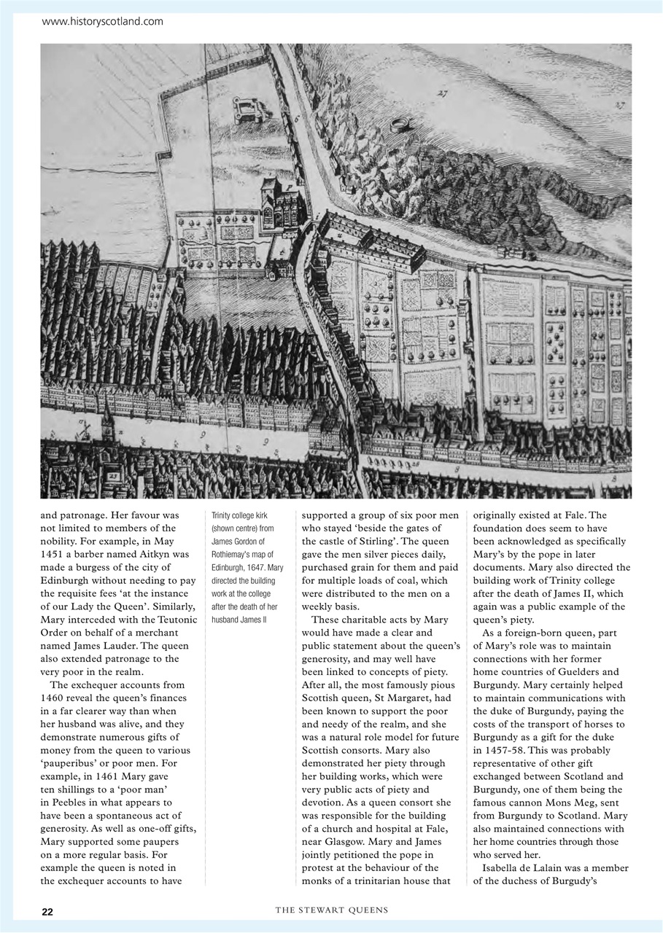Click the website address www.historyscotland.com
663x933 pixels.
103,22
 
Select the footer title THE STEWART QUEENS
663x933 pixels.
331,910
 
